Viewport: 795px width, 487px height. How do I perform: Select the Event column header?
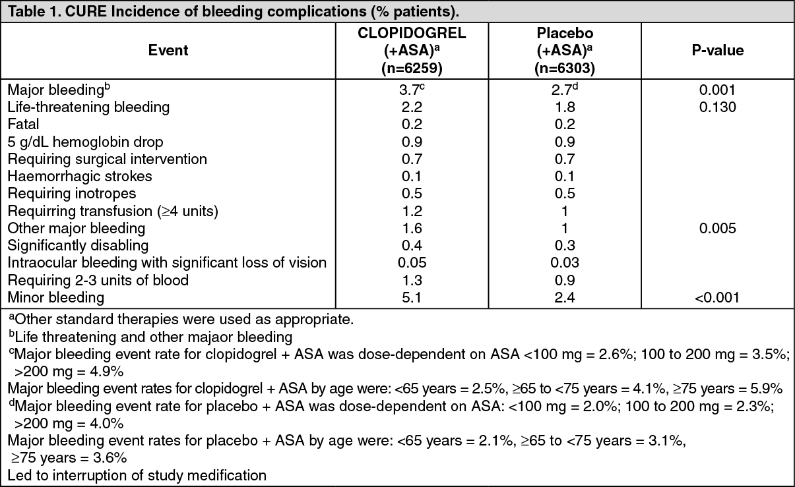click(x=168, y=51)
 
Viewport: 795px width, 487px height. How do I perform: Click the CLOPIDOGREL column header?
click(x=411, y=34)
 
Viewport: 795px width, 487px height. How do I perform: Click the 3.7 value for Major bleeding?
click(x=409, y=90)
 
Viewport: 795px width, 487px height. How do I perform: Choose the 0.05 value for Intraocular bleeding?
click(x=411, y=263)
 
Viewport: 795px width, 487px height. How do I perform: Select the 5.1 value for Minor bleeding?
click(x=411, y=298)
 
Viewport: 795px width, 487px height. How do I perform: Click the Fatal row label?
click(x=24, y=125)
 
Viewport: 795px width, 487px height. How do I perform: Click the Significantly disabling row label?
click(x=78, y=246)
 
